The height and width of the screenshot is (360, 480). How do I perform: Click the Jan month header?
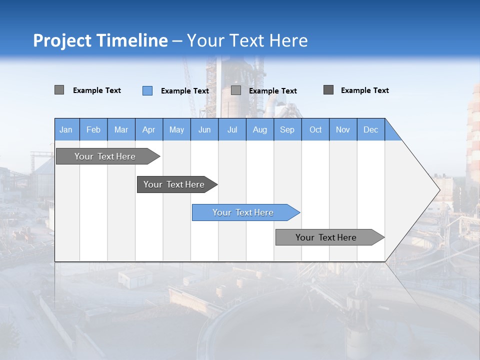(66, 129)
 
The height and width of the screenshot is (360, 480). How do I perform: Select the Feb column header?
(93, 129)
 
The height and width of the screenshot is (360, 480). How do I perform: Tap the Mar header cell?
(121, 129)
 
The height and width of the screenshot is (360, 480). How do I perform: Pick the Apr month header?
(149, 129)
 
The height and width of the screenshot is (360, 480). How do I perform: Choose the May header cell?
(176, 129)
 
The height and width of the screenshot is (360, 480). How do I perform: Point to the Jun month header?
(204, 129)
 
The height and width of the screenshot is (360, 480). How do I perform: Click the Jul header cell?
(232, 129)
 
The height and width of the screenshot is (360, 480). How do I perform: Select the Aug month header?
(260, 129)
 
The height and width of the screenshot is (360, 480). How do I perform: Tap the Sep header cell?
(287, 129)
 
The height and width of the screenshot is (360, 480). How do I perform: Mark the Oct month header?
(315, 129)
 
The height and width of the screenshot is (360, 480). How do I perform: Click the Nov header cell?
(343, 129)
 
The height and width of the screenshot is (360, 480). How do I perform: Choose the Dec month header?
(371, 129)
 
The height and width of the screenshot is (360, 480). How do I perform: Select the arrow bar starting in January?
(105, 156)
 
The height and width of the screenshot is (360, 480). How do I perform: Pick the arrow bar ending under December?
(326, 237)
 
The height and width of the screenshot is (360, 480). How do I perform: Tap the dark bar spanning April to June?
(174, 184)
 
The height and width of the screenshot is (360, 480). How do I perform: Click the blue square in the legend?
(147, 90)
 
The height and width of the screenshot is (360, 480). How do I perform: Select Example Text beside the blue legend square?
(185, 91)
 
